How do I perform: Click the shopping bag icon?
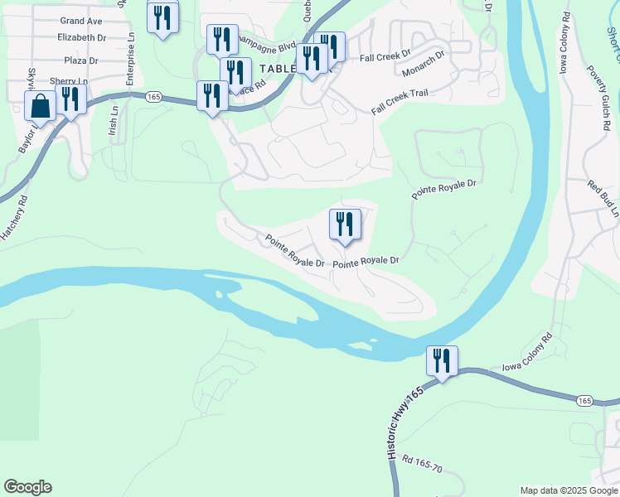click(40, 106)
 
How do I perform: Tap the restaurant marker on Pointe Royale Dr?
click(345, 224)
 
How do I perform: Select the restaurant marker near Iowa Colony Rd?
click(442, 361)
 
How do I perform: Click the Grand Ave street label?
click(81, 20)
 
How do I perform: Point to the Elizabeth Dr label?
click(82, 37)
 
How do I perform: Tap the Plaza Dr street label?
click(82, 60)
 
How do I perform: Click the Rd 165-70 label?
click(422, 463)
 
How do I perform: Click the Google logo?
click(27, 487)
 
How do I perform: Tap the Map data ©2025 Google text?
click(568, 490)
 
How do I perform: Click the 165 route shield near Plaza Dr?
click(153, 97)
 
